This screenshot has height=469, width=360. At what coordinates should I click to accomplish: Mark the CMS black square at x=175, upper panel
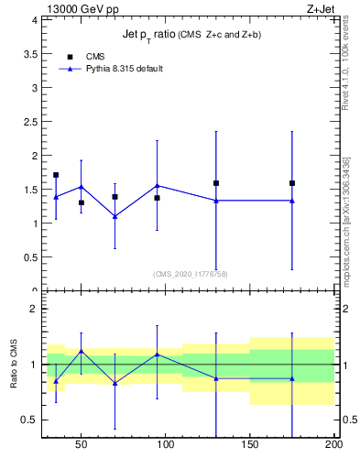[292, 183]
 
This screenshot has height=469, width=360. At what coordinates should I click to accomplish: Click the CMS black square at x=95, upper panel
[158, 198]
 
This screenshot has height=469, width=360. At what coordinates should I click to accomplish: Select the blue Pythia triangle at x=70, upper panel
[115, 216]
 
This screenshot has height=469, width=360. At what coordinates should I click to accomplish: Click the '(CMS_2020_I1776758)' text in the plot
[191, 274]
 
